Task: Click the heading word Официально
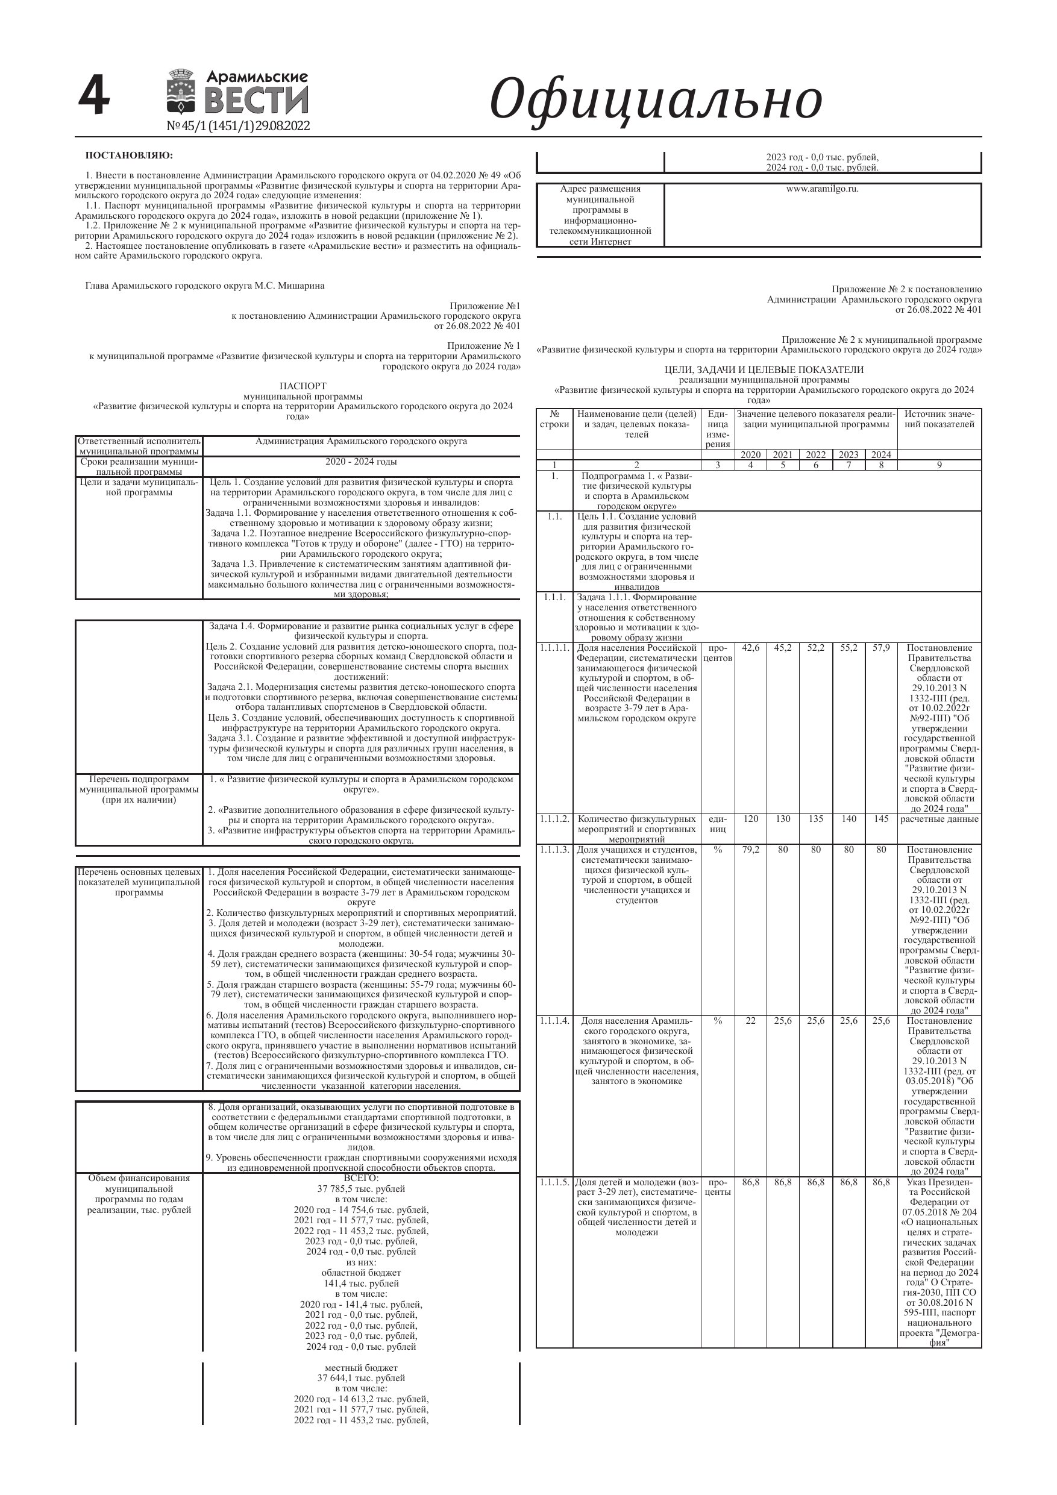655,99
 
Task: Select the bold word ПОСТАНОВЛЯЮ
129,155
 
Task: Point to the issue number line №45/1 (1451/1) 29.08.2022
239,127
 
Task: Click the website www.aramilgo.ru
822,189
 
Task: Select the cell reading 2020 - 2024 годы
361,462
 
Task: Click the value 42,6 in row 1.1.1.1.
750,648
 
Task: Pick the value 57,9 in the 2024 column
880,648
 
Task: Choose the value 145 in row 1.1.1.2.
880,819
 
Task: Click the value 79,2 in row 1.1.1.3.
750,850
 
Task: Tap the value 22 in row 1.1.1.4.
750,1021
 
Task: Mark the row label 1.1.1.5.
554,1182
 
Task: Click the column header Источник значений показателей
939,419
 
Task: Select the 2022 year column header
815,455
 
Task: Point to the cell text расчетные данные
939,819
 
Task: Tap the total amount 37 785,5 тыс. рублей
361,1189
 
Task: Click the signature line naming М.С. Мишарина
204,286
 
